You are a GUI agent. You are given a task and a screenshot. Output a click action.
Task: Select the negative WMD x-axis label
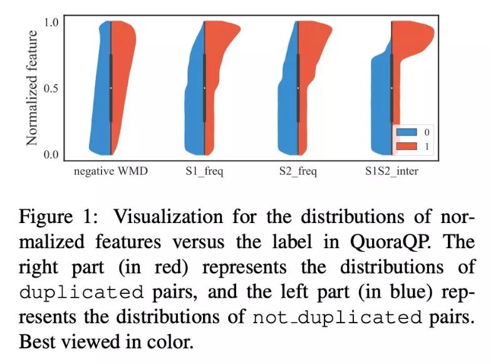click(x=111, y=171)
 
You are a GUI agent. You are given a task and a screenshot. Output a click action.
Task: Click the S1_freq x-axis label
click(x=204, y=171)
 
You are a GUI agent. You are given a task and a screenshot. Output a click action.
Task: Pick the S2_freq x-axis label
click(x=298, y=171)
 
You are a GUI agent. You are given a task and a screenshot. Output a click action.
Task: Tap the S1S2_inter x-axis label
click(x=392, y=171)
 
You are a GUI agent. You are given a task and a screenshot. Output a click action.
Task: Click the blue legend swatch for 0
click(x=406, y=133)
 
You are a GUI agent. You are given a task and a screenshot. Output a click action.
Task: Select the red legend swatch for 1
click(x=406, y=146)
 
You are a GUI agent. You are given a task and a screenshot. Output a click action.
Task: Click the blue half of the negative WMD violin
click(x=100, y=94)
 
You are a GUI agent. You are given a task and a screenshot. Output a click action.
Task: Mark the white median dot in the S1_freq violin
click(x=204, y=88)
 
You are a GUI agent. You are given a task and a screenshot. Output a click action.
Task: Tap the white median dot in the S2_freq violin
click(x=298, y=88)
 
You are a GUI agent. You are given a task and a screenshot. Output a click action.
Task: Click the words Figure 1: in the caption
click(x=49, y=217)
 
